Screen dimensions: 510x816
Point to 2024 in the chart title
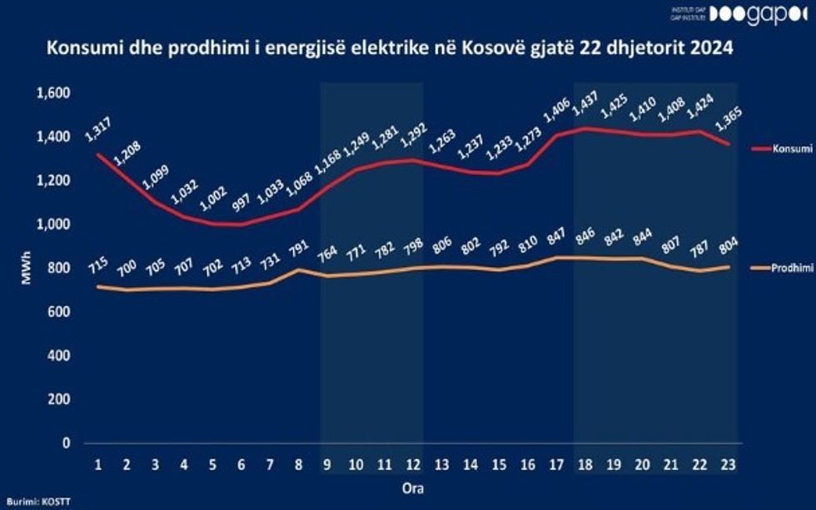coord(713,48)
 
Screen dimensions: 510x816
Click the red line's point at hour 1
coord(98,154)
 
